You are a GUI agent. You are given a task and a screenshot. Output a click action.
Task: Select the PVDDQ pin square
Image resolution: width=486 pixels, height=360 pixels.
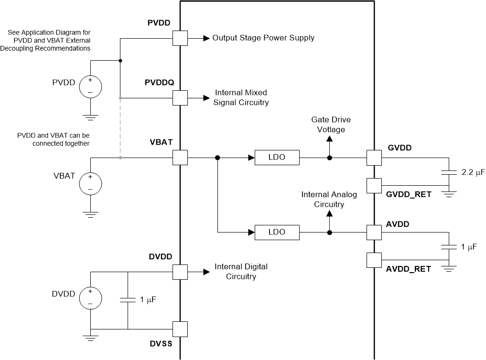point(180,98)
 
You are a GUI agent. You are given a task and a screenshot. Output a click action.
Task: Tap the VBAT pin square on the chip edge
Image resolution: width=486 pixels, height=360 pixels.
point(180,158)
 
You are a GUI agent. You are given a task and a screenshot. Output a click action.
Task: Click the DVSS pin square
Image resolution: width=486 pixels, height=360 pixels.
point(180,329)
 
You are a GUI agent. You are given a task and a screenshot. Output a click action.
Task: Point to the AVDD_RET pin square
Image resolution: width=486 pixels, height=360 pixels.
point(374,260)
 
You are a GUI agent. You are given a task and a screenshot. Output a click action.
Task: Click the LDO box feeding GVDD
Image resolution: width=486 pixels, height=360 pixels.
point(277,158)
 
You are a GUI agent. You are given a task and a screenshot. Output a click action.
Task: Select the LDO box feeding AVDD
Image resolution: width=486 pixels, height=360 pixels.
point(277,233)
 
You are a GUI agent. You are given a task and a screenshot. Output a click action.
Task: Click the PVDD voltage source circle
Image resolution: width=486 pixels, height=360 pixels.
point(90,86)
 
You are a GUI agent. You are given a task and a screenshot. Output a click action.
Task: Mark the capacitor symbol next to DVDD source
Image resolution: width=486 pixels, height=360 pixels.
point(128,300)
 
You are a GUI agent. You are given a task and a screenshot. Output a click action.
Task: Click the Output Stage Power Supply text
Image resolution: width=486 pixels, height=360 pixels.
point(263,38)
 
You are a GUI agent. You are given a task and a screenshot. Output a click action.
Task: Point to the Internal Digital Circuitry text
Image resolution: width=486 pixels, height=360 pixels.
point(241,271)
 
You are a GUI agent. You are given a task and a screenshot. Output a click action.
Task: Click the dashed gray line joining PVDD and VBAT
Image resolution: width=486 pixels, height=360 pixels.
point(120,128)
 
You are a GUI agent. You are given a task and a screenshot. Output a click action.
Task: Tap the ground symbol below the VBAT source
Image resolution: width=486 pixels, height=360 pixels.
point(90,213)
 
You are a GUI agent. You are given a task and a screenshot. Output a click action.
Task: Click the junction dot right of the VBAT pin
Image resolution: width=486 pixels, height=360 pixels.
point(217,158)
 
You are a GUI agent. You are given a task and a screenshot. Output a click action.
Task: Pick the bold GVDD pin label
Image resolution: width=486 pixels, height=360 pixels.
point(400,148)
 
